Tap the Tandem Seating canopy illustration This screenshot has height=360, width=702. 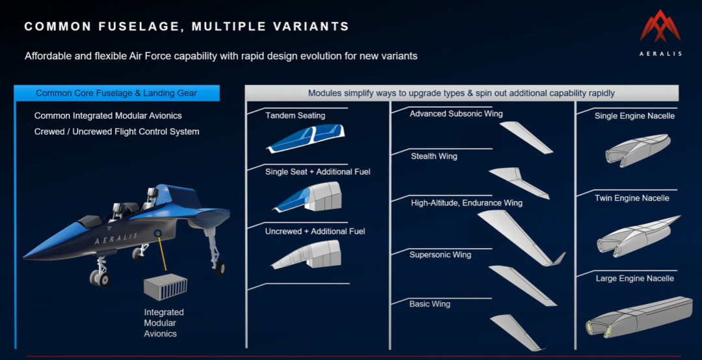click(x=305, y=138)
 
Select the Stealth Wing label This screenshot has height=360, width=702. click(x=434, y=156)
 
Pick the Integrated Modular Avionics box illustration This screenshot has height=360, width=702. click(x=165, y=287)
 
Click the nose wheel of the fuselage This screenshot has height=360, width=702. click(x=100, y=277)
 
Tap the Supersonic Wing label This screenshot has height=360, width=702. click(x=440, y=255)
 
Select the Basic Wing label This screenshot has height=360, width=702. click(x=430, y=304)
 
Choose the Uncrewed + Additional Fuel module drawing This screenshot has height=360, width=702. click(x=306, y=255)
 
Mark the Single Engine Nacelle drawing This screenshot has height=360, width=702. click(x=638, y=151)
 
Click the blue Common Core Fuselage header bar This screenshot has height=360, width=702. click(x=116, y=93)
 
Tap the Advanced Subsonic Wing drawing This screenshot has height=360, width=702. click(x=526, y=138)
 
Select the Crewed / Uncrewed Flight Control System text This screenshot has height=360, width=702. click(x=117, y=132)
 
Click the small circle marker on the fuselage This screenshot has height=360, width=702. click(x=157, y=233)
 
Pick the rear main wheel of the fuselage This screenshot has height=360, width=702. click(x=220, y=268)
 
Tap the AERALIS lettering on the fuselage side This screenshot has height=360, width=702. click(x=116, y=238)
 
